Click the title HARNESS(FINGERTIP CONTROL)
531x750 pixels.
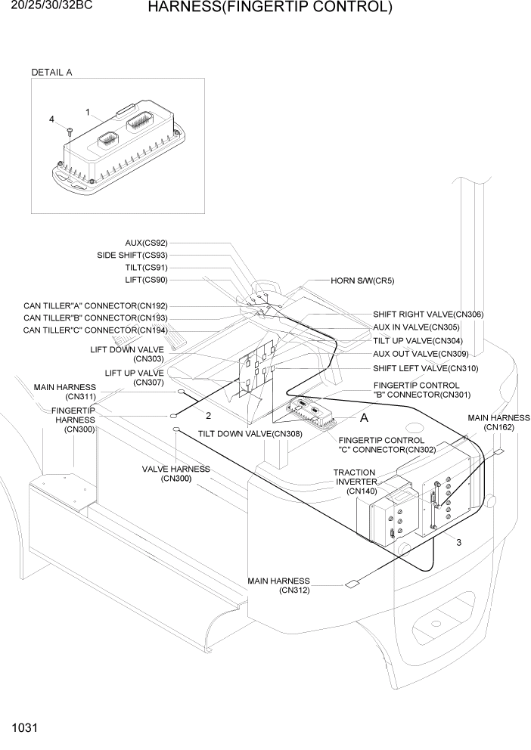269,8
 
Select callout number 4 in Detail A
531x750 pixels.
52,119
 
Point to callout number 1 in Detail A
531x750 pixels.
88,113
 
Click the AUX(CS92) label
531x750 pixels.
146,243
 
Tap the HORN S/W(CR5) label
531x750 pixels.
362,280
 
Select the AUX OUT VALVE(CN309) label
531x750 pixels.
421,354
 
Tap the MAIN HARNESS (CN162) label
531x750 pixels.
498,423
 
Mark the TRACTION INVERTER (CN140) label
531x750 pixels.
356,482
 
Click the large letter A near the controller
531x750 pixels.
364,417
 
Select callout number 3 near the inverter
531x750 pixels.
458,541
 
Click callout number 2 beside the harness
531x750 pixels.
208,415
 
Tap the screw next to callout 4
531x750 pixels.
69,133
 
